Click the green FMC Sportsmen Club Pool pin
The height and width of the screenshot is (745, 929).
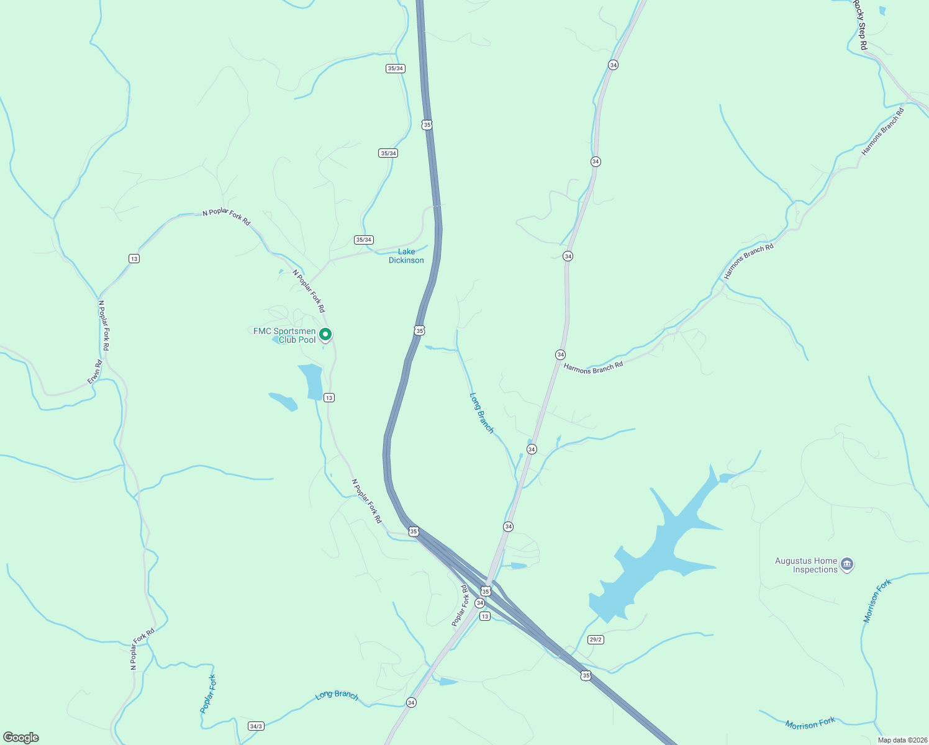pos(325,335)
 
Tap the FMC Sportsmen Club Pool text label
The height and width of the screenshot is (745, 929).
pos(285,335)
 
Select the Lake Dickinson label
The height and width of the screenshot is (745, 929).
pos(406,256)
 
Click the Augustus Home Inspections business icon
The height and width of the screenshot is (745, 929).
pos(847,565)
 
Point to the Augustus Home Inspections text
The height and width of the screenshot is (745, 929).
pos(807,565)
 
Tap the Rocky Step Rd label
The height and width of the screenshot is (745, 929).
pos(859,25)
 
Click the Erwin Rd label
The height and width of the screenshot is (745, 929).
pos(94,371)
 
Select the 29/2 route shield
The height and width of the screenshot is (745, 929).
pos(596,639)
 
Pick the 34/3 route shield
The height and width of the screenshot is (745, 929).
pos(256,726)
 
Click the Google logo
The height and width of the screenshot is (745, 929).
pos(21,738)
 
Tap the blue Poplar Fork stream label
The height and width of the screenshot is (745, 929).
pos(209,693)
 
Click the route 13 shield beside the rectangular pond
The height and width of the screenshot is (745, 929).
pos(329,397)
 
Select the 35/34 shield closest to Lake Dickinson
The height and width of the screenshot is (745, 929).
pos(363,240)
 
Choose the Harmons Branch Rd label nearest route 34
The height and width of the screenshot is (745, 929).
pos(593,368)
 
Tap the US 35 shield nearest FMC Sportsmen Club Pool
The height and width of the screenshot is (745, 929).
pos(420,331)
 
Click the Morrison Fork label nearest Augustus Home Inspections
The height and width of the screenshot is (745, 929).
pos(877,600)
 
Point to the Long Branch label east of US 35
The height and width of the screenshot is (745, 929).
pos(481,413)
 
